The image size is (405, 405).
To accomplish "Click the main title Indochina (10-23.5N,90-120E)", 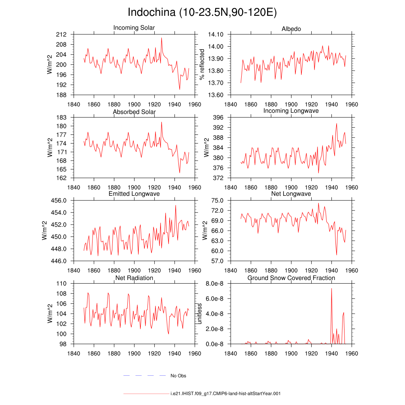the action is [202, 12].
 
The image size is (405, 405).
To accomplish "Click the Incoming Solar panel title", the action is [134, 28].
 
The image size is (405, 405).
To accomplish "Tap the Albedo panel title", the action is [291, 29].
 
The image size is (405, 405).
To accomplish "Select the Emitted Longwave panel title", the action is [134, 194].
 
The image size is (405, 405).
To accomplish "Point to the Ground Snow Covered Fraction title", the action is [291, 278].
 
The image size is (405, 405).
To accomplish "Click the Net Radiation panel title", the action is [134, 278].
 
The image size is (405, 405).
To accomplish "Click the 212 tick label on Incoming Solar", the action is [61, 34].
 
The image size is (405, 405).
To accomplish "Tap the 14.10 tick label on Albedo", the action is [216, 34].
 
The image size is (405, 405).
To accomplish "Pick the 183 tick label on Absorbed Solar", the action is [61, 117].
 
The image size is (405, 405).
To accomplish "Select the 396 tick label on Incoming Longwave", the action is [218, 117].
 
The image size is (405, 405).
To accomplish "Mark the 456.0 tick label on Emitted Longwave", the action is [59, 201].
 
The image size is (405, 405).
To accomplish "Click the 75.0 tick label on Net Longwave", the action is [217, 201].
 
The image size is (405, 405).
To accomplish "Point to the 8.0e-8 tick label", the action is [215, 284].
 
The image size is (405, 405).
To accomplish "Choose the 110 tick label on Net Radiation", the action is [61, 284].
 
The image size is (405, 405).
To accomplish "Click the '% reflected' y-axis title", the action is [202, 64].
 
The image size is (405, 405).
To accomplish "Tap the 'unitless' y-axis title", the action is [199, 314].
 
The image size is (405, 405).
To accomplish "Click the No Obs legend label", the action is [178, 376].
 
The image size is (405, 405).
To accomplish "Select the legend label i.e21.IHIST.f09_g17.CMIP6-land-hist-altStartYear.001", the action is [225, 394].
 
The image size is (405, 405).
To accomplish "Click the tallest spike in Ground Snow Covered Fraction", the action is [332, 288].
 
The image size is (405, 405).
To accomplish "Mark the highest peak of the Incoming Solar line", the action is [162, 38].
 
